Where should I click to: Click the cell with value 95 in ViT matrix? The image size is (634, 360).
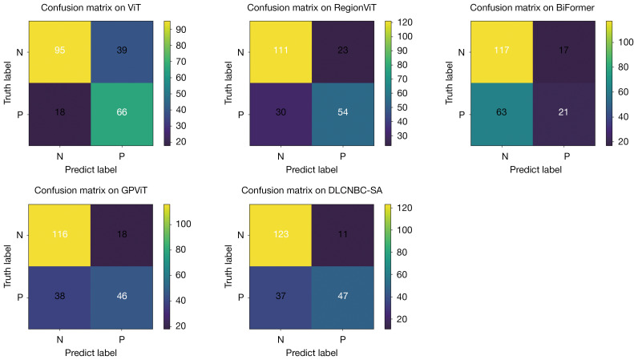60,52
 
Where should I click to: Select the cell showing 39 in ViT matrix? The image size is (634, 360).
122,52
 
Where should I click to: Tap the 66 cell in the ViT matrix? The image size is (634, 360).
122,114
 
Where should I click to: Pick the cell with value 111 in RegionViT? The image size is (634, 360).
281,52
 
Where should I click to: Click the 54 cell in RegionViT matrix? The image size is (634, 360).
343,114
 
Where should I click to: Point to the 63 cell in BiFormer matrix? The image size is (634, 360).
502,114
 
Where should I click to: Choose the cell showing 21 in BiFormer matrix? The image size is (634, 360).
564,114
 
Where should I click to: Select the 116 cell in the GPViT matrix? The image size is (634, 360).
59,236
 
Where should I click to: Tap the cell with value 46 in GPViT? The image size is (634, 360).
122,297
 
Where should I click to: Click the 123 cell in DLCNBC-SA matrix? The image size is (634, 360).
281,236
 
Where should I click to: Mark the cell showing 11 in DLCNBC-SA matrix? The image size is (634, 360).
343,236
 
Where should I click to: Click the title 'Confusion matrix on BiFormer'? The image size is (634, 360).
532,8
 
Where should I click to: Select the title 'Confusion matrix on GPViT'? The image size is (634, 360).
91,190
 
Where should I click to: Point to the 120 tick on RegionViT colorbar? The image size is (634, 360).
405,22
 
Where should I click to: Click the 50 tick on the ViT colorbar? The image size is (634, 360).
180,94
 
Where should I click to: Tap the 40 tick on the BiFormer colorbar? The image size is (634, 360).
623,117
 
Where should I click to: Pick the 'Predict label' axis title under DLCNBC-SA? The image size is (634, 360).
312,353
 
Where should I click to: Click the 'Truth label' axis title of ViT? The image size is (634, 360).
7,83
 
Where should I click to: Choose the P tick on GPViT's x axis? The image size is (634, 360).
122,339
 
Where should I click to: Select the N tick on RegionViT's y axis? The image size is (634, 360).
241,52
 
